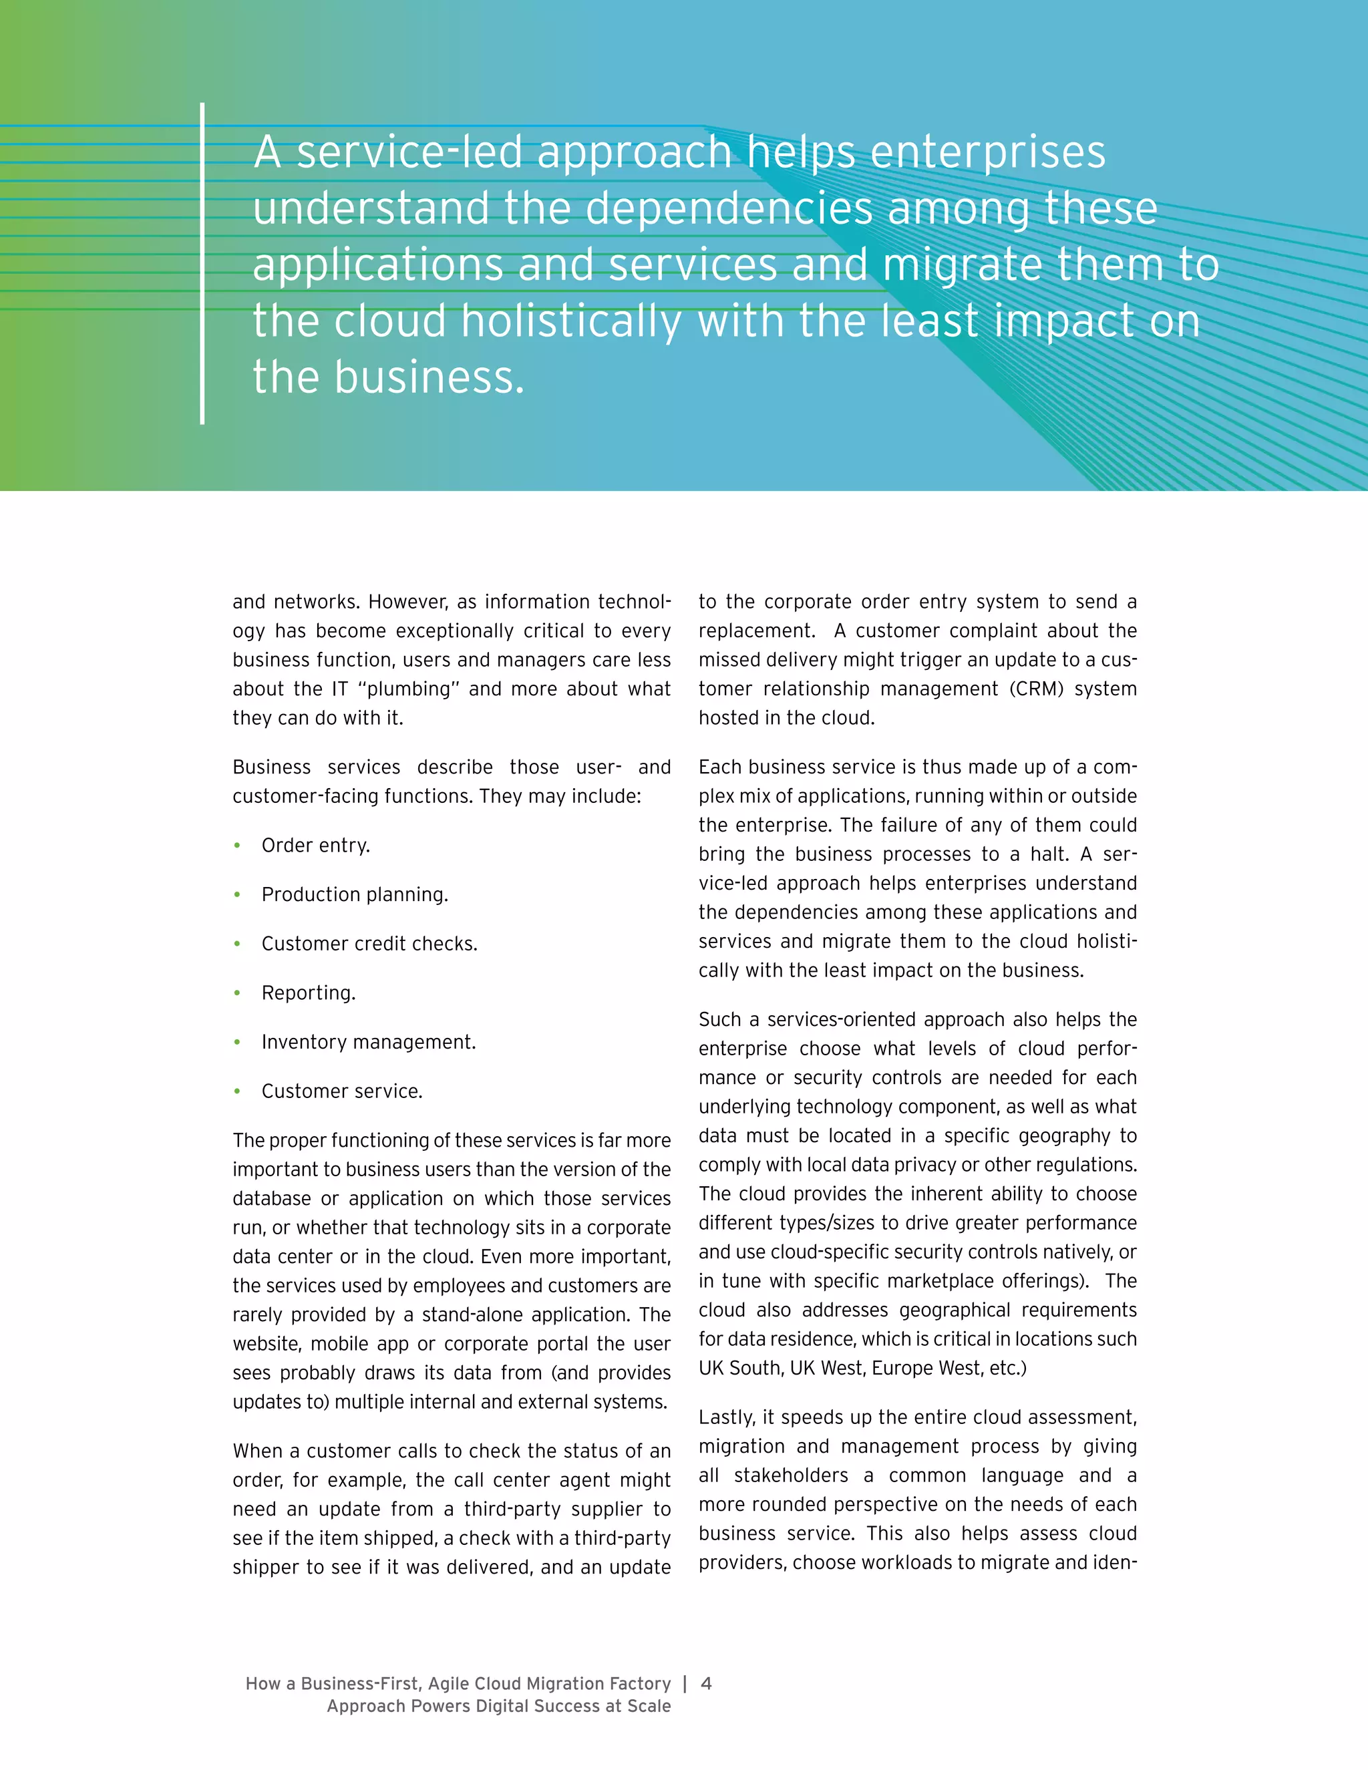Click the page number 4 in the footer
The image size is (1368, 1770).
[706, 1683]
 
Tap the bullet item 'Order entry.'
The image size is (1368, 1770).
[315, 846]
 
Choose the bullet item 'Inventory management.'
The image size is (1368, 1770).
[368, 1041]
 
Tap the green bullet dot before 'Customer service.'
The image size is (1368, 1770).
[236, 1091]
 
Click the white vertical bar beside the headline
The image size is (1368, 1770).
[202, 263]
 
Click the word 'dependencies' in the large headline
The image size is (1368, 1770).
[729, 208]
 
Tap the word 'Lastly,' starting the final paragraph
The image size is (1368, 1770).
[727, 1417]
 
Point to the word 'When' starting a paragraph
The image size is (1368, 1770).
[257, 1451]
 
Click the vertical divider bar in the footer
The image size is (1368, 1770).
[685, 1683]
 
